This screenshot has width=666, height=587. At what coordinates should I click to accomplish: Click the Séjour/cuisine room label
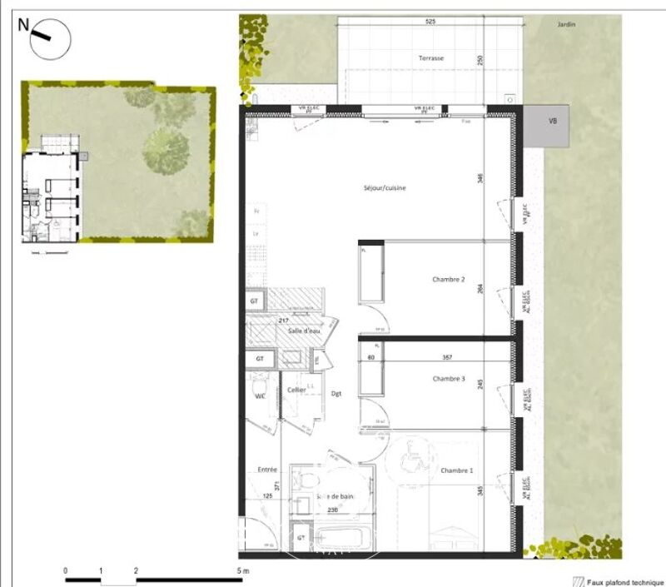[x=384, y=189]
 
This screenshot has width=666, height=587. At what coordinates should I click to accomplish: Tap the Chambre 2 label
[x=449, y=280]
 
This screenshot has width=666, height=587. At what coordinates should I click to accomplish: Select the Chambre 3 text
[x=449, y=379]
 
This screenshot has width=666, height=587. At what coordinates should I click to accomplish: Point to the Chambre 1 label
[x=457, y=471]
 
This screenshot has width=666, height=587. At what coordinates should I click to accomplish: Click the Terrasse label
[x=431, y=58]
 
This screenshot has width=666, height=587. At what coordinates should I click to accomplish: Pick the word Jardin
[x=567, y=25]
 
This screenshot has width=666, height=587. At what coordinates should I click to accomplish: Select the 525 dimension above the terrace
[x=430, y=22]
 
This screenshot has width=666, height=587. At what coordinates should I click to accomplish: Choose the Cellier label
[x=296, y=390]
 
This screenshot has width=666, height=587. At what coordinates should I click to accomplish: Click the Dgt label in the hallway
[x=335, y=394]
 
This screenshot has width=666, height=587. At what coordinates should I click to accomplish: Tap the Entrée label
[x=266, y=470]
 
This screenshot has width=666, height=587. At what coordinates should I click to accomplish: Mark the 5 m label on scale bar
[x=241, y=570]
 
